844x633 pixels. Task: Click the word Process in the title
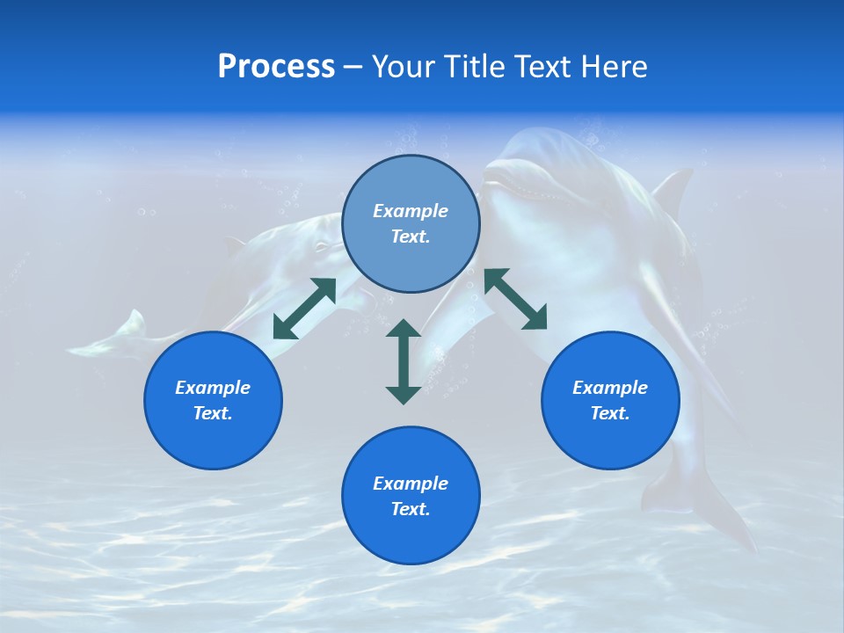[276, 67]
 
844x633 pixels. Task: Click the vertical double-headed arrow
[404, 361]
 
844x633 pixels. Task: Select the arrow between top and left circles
[304, 309]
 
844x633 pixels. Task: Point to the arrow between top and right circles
[516, 300]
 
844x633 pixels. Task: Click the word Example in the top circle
[411, 211]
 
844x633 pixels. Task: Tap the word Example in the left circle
[213, 388]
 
